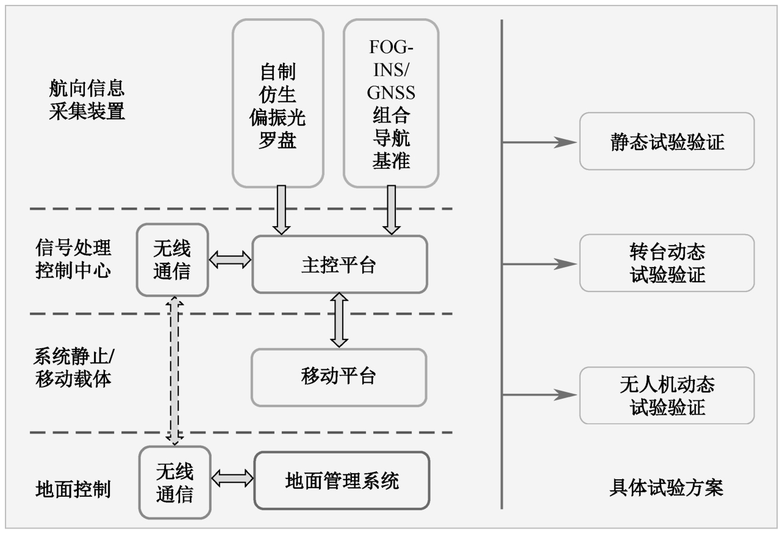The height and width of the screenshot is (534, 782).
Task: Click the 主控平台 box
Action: click(x=340, y=265)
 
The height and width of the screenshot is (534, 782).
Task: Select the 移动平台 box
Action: click(x=339, y=377)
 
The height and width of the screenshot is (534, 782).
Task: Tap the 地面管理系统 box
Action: click(x=342, y=480)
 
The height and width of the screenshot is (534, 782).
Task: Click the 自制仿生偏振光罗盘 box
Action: click(x=278, y=103)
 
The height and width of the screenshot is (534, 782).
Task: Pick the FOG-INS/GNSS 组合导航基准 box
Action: click(x=391, y=103)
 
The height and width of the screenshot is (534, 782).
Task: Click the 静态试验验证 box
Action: click(x=667, y=141)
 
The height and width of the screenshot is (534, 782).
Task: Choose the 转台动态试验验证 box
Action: click(x=667, y=263)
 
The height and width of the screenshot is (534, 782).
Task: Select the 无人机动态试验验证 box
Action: click(x=667, y=395)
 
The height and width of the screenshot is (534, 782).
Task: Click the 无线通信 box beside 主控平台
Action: click(x=172, y=260)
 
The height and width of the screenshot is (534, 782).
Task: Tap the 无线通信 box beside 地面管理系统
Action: click(x=174, y=483)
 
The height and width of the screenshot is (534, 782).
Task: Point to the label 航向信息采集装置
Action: click(x=87, y=101)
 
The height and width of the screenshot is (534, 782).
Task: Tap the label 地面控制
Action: click(x=73, y=489)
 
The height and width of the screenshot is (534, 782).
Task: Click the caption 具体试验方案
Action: click(x=666, y=488)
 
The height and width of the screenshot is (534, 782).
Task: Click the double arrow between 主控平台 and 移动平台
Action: click(x=339, y=320)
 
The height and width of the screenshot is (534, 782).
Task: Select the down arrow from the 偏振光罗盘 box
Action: click(x=281, y=210)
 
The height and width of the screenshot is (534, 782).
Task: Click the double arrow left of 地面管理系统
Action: click(x=232, y=477)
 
